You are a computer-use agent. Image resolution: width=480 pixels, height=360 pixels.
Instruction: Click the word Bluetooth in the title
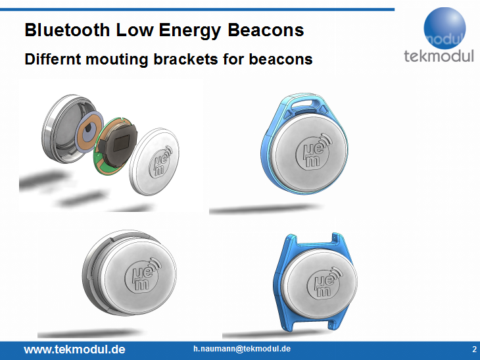67,30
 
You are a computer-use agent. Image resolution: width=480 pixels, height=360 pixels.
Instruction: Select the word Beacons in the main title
266,30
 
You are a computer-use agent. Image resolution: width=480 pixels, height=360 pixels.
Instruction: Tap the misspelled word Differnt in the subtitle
53,59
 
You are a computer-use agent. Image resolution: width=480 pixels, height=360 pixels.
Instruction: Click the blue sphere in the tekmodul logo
444,28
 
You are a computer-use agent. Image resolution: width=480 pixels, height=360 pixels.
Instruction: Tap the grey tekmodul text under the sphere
439,56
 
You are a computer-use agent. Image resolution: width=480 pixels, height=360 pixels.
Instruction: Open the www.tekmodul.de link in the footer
74,349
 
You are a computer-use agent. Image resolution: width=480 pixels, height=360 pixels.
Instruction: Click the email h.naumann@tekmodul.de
242,349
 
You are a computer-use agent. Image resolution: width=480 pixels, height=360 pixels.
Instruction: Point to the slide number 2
474,349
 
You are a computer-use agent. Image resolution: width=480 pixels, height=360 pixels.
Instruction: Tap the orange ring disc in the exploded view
89,131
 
